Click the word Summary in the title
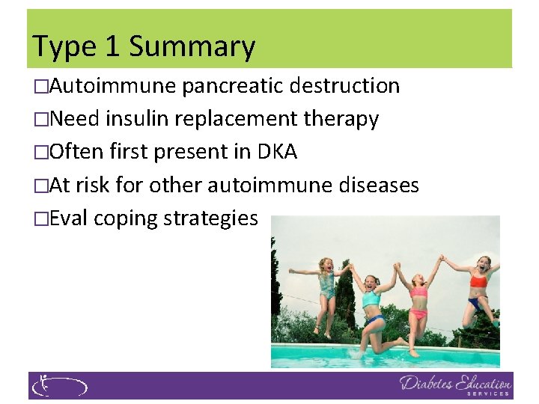pos(192,46)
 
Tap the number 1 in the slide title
pos(112,46)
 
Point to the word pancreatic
pos(232,86)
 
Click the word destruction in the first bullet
pos(345,86)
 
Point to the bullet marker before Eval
pos(40,218)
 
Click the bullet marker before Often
pos(40,152)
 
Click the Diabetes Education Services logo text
pos(456,385)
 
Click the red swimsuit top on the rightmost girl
pos(478,282)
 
